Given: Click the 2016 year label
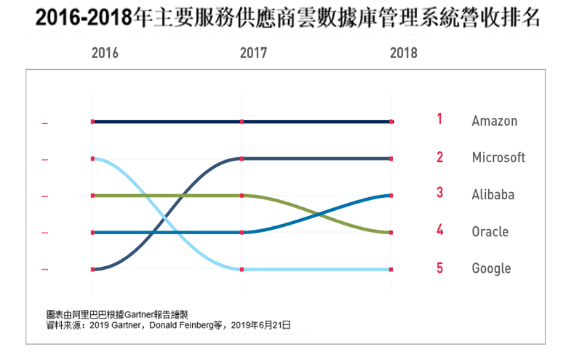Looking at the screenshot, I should [105, 54].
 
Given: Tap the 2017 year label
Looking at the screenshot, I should [253, 54].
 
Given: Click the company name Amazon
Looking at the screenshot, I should [494, 121].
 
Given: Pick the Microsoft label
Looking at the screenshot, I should [498, 158].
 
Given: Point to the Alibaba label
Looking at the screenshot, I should [493, 195].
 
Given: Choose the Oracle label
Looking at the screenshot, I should [490, 232].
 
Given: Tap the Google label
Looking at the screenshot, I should [491, 268].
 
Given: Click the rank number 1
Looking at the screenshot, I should [439, 119].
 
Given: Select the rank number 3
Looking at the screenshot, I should [439, 193].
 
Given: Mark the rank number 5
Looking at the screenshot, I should [439, 268].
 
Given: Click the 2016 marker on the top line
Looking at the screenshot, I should [92, 121].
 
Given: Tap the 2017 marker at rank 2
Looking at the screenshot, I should [242, 159].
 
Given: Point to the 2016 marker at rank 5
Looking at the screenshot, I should [92, 270].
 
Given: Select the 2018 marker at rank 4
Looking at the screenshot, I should [391, 233].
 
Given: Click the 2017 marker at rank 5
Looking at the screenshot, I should [242, 270].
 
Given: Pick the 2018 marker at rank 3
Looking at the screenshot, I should [391, 196].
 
